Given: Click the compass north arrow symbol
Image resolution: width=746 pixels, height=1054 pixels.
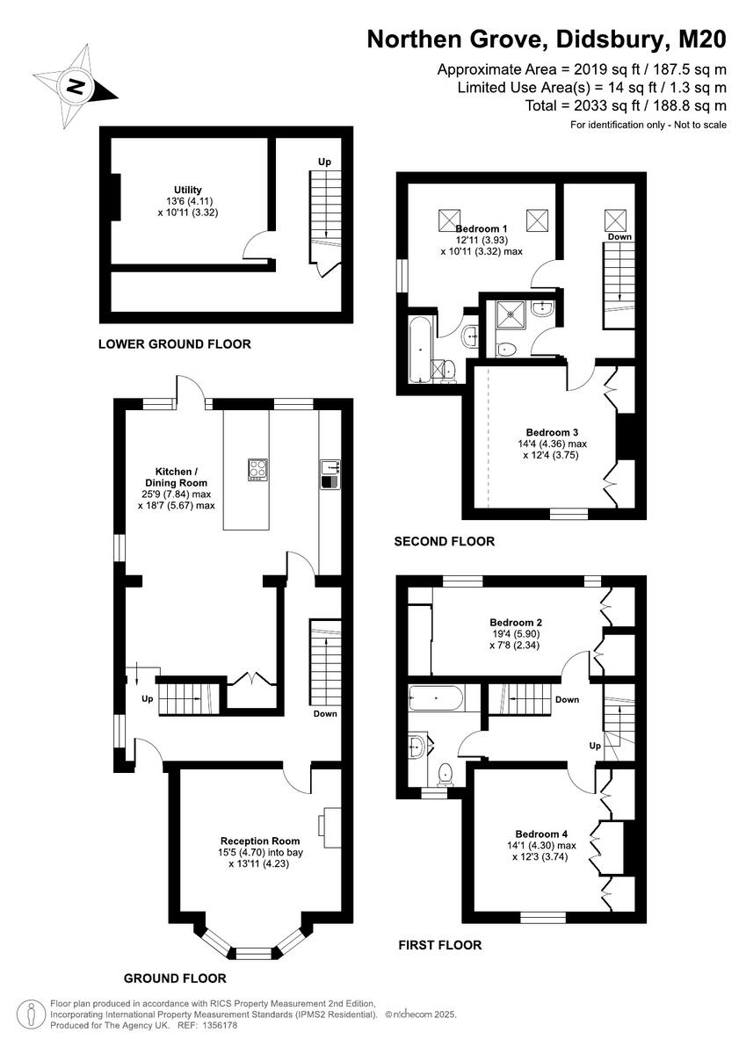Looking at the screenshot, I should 76,86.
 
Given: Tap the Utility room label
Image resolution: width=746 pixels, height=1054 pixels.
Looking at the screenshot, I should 187,190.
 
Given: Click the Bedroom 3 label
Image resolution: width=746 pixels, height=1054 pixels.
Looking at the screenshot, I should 552,432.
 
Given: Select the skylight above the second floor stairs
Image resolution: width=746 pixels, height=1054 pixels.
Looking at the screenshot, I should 617,219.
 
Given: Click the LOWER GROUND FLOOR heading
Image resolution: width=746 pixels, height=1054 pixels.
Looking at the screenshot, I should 174,344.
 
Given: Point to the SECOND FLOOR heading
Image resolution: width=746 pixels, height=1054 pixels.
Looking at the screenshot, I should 444,542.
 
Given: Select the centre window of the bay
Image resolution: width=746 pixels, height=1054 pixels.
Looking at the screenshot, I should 255,952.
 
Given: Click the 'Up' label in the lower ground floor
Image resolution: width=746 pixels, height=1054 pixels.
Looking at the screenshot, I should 324,162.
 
